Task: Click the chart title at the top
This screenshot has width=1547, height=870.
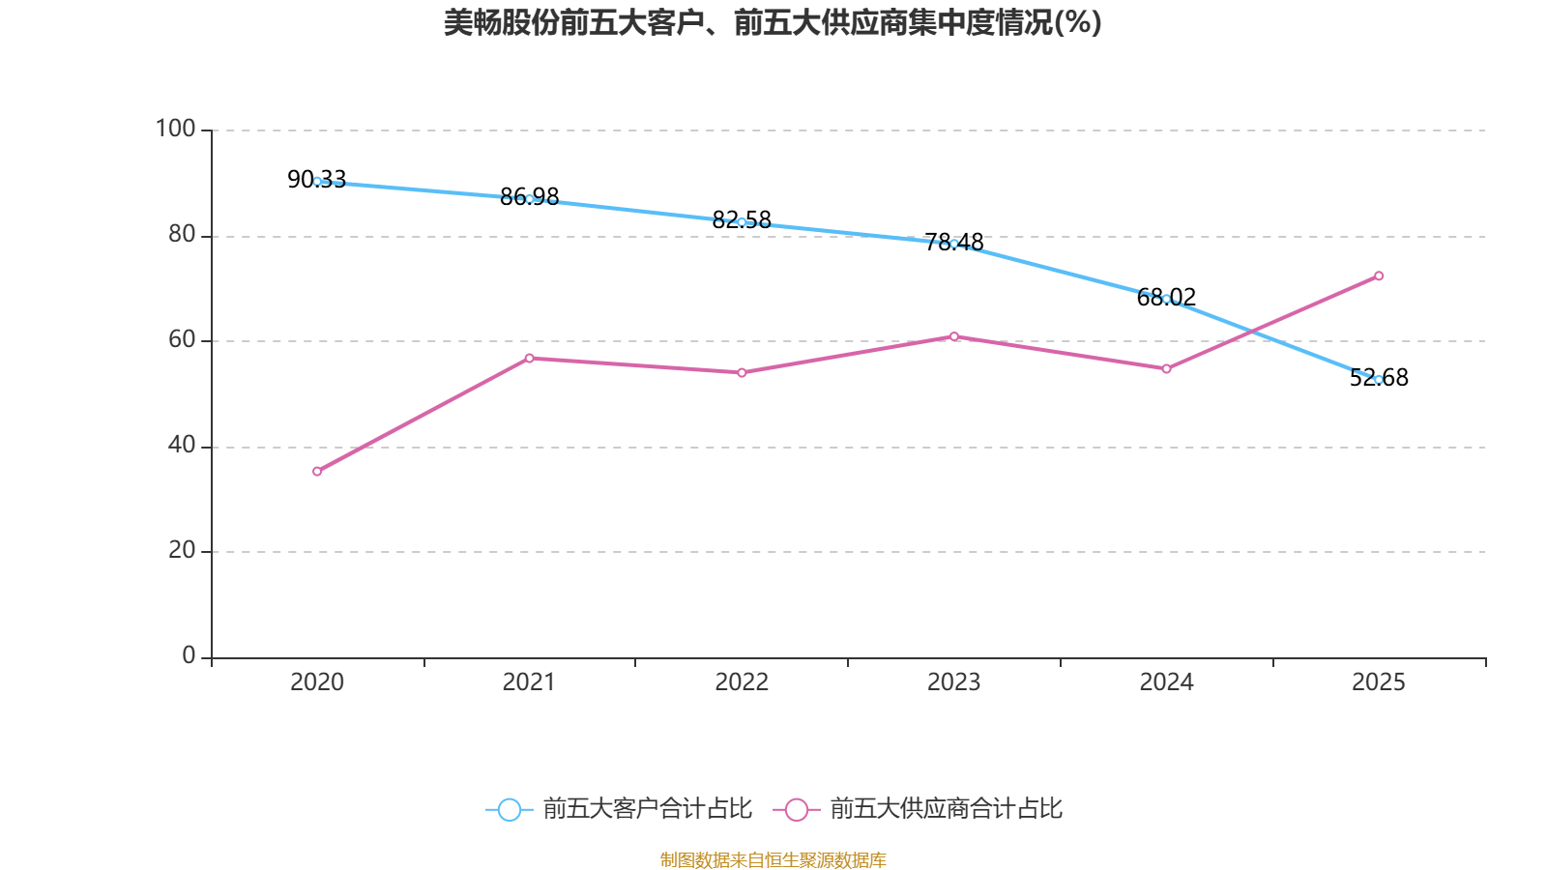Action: tap(773, 23)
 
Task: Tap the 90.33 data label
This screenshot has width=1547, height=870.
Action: tap(316, 180)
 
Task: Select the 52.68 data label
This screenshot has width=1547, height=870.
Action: tap(1379, 378)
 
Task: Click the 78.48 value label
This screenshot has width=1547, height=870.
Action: tap(953, 243)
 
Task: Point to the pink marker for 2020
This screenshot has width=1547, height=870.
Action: tap(317, 472)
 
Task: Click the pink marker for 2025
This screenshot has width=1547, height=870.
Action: tap(1379, 276)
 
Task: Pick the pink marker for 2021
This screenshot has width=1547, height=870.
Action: tap(529, 359)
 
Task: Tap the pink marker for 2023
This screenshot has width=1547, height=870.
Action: tap(953, 337)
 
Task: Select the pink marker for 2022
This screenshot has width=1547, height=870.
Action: tap(742, 373)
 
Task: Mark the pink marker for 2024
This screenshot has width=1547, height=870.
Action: tap(1166, 369)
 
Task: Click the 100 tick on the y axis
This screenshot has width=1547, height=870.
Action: tap(175, 130)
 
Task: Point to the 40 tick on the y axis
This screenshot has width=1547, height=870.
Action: tap(182, 446)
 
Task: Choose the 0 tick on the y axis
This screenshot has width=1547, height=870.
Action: tap(189, 656)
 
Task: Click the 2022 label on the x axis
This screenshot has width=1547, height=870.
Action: tap(742, 682)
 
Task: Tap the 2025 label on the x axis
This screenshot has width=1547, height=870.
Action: tap(1379, 682)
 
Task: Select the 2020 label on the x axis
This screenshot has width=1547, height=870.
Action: tap(317, 682)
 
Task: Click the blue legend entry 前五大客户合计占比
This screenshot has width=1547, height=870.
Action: tap(619, 809)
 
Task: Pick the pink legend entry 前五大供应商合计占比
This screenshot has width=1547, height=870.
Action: tap(918, 809)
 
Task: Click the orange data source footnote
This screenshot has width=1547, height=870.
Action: tap(773, 859)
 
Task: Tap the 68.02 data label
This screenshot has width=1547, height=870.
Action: tap(1166, 298)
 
